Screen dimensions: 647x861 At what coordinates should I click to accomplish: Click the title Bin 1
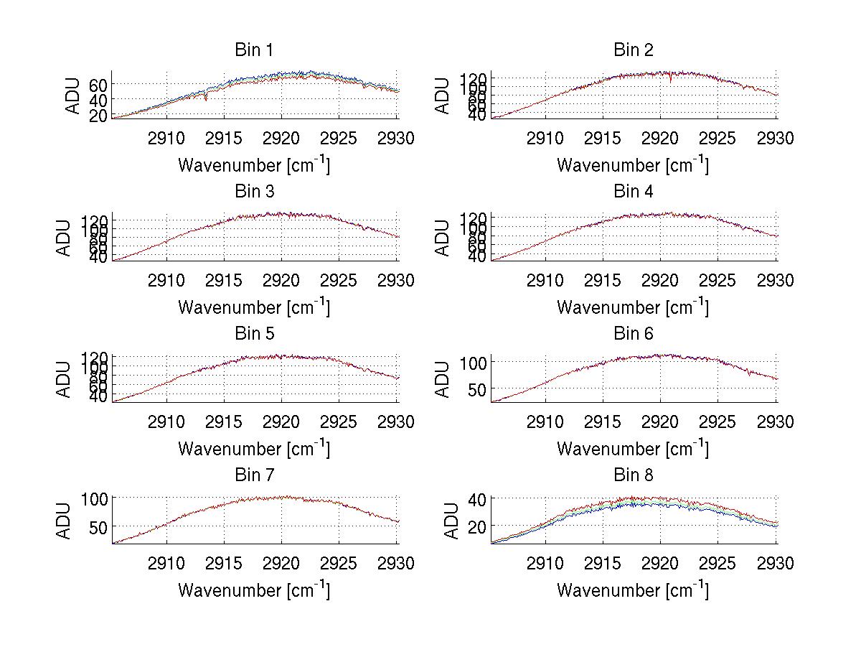click(x=254, y=50)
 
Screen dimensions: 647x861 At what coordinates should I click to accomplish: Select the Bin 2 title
click(x=633, y=50)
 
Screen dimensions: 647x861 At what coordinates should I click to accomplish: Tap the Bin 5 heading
click(x=254, y=334)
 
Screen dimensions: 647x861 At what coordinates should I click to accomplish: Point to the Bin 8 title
click(x=633, y=475)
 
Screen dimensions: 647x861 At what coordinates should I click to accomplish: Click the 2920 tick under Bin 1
click(x=282, y=139)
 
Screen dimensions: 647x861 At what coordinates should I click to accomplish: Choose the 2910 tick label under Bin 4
click(x=545, y=280)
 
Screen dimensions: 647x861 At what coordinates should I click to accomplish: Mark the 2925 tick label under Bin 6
click(x=718, y=422)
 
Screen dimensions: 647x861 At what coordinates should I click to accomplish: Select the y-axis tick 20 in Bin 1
click(x=99, y=115)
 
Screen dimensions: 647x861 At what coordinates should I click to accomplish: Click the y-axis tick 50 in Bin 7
click(x=99, y=526)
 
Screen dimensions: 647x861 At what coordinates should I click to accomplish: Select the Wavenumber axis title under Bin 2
click(x=633, y=165)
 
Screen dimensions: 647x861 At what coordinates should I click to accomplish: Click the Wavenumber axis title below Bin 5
click(x=254, y=449)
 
